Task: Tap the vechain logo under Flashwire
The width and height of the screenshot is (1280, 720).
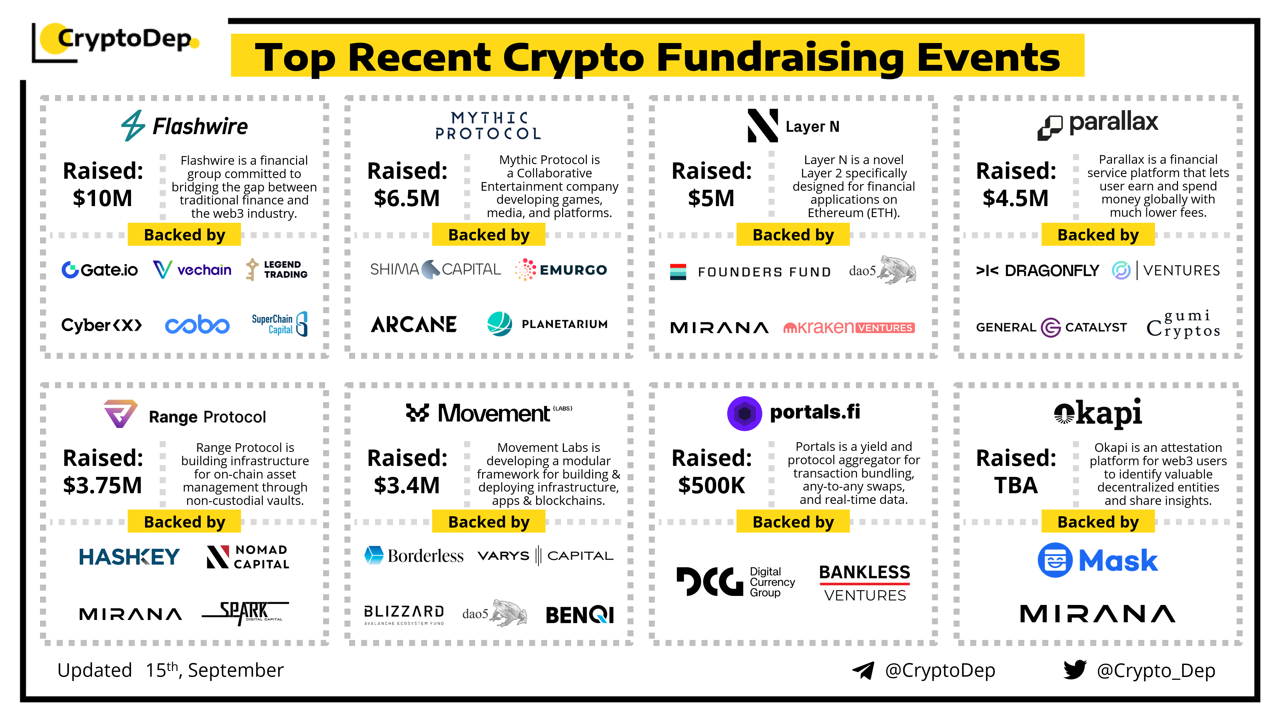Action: [x=192, y=270]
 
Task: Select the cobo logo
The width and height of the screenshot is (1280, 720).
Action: [x=197, y=325]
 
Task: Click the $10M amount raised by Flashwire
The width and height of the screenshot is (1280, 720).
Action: [x=102, y=198]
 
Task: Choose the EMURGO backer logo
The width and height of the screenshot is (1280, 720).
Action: [x=561, y=270]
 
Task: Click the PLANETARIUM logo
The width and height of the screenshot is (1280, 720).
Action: [x=547, y=324]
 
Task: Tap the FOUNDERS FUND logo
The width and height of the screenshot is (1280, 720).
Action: [x=750, y=272]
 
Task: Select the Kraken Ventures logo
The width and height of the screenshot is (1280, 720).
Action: [x=849, y=327]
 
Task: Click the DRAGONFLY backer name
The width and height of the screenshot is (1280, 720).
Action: [x=1038, y=270]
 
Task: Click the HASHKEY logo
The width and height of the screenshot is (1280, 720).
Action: [x=129, y=557]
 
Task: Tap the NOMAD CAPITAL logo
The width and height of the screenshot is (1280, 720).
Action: [x=248, y=557]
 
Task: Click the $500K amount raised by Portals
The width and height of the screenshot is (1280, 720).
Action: [x=712, y=486]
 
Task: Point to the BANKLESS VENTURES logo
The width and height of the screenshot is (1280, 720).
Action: [x=865, y=583]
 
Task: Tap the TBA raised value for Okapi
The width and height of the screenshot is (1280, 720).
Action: [x=1016, y=486]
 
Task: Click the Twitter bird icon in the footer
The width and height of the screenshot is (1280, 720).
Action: [x=1075, y=670]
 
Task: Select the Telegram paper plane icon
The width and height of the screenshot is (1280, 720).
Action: [x=863, y=670]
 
